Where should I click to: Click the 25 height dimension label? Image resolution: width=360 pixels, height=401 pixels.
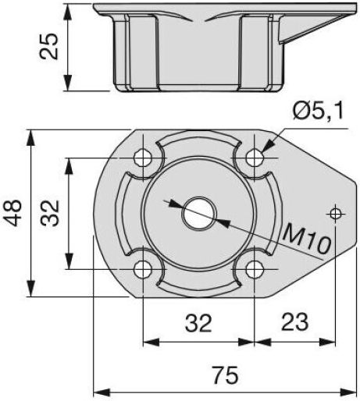tap(48, 46)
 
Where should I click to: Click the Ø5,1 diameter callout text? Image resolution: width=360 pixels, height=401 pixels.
tap(318, 112)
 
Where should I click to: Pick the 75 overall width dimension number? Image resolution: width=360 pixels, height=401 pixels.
tap(226, 375)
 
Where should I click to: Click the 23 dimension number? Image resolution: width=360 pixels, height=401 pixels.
tap(295, 322)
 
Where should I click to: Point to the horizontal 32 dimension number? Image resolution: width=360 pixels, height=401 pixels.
tap(198, 323)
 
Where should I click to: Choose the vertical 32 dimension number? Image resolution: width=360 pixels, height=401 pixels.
tap(50, 213)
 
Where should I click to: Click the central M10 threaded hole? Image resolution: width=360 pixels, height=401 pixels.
tap(199, 214)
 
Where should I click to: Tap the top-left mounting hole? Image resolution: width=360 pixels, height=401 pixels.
tap(143, 158)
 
